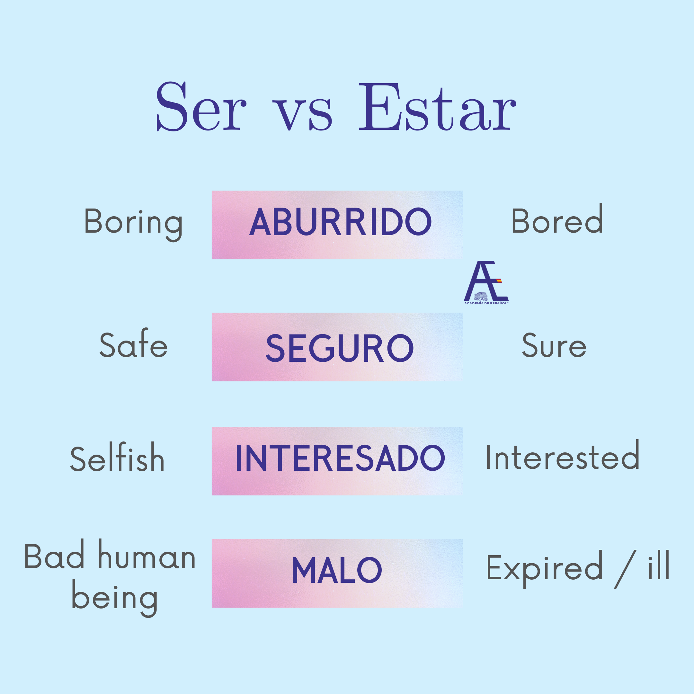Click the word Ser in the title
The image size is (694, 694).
(201, 107)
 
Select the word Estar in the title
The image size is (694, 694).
(438, 107)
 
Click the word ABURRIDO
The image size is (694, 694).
(340, 222)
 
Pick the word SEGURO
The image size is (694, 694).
(340, 348)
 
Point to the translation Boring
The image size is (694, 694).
(133, 223)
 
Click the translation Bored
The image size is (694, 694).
(557, 218)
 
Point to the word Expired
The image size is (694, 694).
(544, 569)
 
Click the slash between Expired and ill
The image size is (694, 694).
(625, 569)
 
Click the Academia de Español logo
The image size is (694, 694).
(486, 282)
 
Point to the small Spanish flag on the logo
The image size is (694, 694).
(499, 280)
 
